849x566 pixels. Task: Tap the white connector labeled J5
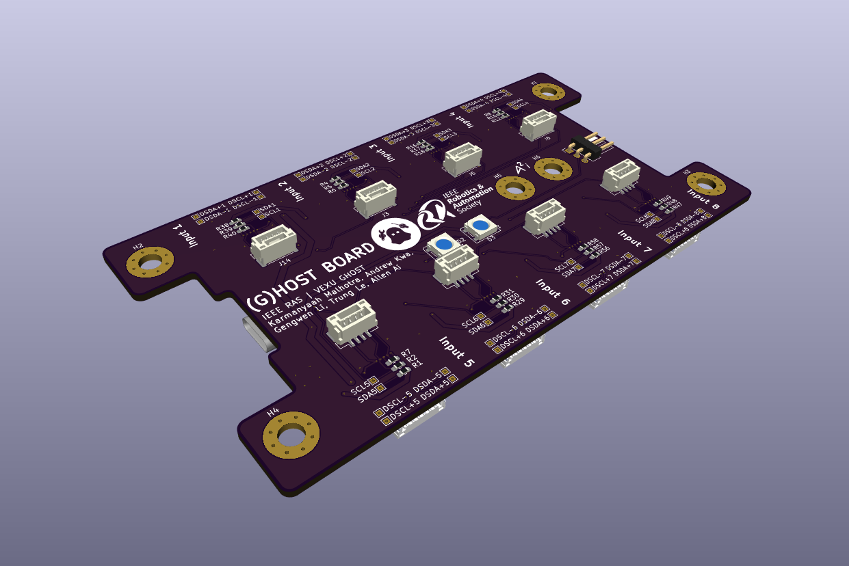click(462, 160)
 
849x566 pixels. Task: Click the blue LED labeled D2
click(443, 244)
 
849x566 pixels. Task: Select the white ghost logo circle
click(395, 236)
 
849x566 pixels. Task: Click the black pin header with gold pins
click(586, 146)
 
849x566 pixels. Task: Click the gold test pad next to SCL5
click(374, 383)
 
